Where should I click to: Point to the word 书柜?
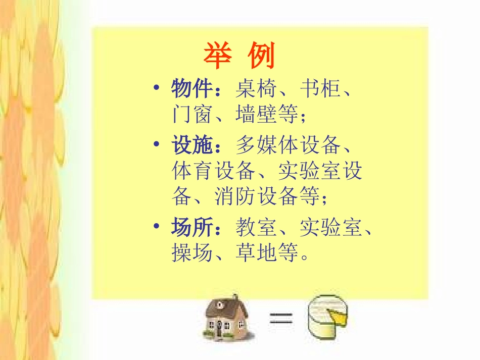tap(320, 90)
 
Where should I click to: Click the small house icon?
tap(225, 318)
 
